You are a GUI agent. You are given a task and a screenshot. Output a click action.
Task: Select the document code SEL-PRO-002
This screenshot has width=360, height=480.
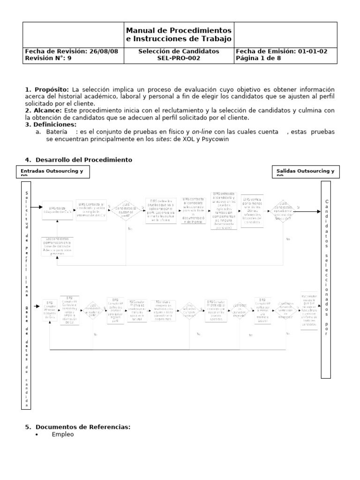click(x=179, y=59)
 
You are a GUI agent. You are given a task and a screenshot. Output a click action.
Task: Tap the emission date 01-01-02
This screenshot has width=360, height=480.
click(x=317, y=52)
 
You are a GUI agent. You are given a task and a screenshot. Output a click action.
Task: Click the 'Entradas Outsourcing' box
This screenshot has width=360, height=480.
click(x=52, y=172)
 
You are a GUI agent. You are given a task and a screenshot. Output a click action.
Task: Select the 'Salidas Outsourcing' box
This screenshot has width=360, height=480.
click(x=305, y=172)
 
